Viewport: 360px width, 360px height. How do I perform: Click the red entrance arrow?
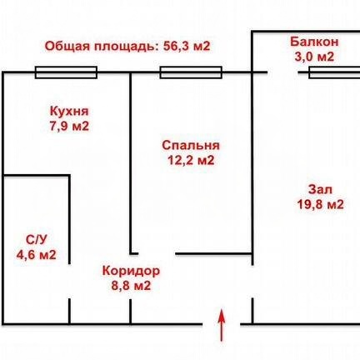point(222,325)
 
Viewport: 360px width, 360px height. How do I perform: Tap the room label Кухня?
point(69,112)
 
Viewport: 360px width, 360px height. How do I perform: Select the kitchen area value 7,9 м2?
point(69,127)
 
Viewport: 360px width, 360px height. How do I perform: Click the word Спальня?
point(191,146)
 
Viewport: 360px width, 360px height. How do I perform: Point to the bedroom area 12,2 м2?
point(191,160)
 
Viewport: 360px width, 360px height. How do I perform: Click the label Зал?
point(320,190)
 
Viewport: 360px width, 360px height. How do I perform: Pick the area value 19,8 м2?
point(320,205)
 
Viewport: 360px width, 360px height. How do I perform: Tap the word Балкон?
point(314,42)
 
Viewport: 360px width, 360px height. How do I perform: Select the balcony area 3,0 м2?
point(314,57)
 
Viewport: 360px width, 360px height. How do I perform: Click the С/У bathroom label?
point(36,240)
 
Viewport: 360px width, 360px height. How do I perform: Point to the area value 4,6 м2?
point(37,254)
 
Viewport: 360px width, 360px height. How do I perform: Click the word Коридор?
point(131,271)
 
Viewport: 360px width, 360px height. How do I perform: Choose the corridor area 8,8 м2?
point(131,286)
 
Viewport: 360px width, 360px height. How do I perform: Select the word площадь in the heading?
point(127,47)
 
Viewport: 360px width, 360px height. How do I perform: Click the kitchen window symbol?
point(66,72)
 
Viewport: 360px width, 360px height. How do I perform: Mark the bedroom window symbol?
point(191,72)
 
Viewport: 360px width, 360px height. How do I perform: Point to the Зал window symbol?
point(334,72)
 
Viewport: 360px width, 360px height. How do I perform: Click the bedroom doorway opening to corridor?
point(157,253)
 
